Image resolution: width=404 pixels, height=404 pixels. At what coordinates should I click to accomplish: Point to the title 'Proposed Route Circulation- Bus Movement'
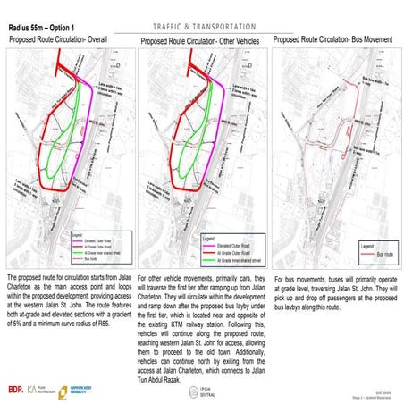tap(332, 40)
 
